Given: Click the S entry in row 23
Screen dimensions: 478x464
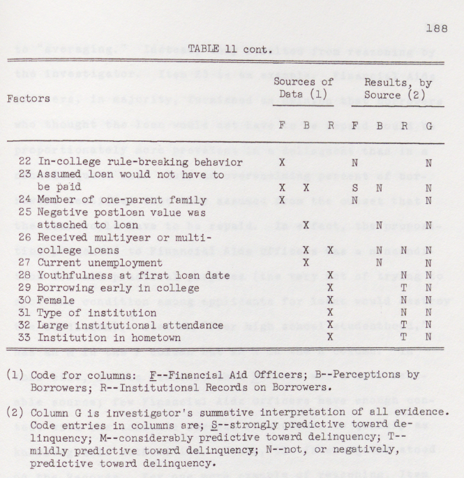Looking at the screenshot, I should (x=354, y=188).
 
